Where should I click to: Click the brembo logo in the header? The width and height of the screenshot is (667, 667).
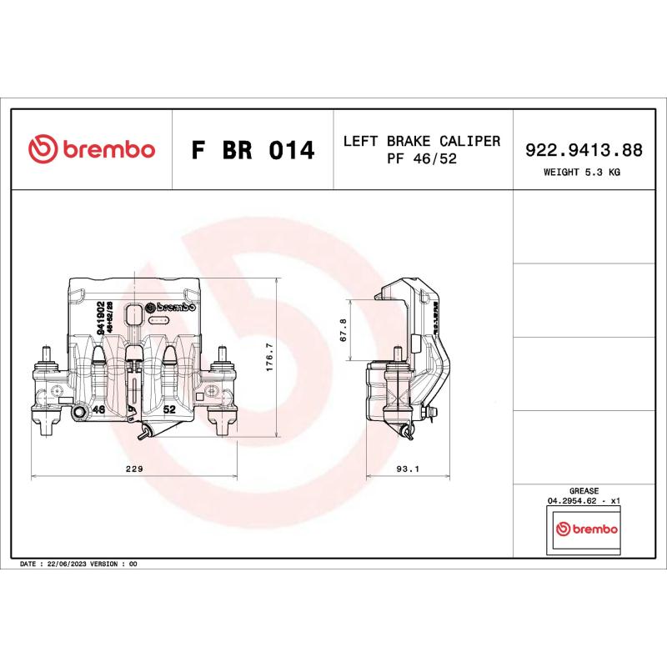coord(92,150)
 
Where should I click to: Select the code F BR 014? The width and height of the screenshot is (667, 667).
coord(253,151)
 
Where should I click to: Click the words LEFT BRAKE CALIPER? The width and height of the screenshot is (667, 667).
coord(422,141)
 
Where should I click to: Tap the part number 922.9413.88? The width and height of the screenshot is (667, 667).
coord(583,150)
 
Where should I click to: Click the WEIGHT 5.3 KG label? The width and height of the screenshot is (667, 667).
coord(582,173)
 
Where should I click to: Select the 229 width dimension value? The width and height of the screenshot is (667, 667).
coord(134,469)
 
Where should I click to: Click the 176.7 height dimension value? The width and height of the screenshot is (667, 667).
coord(268,358)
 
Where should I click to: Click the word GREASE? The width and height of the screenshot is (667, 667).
coord(583,491)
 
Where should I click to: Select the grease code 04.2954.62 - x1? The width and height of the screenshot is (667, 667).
coord(583,501)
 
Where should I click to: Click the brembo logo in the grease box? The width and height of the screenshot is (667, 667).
coord(587,529)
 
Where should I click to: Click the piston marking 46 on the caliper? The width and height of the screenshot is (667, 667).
coord(98,409)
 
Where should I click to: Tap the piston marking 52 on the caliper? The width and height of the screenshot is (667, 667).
coord(169,409)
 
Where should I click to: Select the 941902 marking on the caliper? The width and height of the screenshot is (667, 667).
coord(100,318)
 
